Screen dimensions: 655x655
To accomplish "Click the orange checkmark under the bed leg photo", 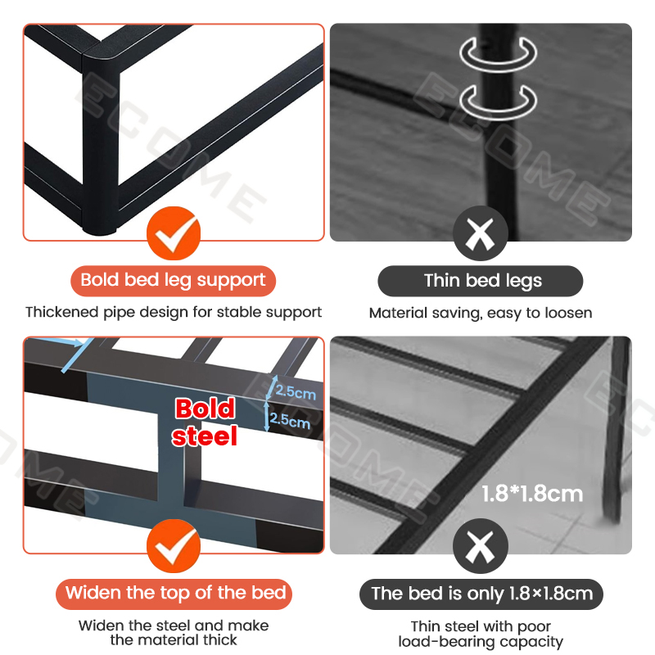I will (174, 234).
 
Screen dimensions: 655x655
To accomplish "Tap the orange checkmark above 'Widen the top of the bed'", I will (174, 547).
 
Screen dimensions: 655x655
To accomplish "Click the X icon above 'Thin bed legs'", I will (481, 234).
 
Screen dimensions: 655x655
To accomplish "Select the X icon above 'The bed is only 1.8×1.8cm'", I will (481, 547).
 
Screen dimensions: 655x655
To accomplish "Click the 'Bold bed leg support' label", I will (173, 281).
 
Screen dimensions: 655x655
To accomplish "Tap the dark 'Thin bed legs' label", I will (481, 281).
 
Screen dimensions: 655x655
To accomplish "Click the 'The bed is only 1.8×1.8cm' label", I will (481, 593).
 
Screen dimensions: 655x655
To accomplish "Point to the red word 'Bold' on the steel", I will (205, 409).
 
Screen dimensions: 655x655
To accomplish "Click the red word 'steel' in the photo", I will (205, 436).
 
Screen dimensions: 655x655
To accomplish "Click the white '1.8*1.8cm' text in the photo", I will (532, 494).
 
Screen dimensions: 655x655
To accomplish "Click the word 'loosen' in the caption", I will (567, 313).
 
